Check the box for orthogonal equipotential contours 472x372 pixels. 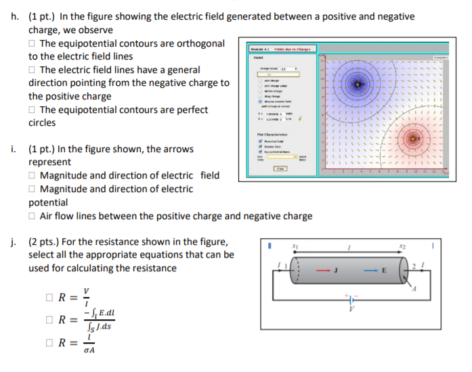click(33, 44)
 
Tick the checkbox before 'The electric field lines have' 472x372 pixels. click(33, 70)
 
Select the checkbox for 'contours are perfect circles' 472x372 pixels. click(33, 110)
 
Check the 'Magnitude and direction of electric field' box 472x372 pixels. click(33, 176)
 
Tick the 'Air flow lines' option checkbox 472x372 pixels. click(33, 216)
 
